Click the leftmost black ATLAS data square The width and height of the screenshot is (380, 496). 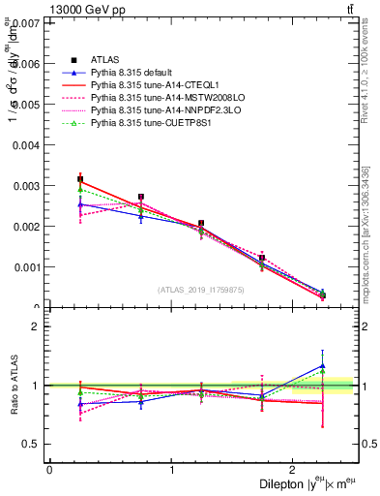tap(80, 180)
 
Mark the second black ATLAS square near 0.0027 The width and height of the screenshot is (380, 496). tap(141, 197)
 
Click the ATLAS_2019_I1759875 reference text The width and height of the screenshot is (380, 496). tap(201, 289)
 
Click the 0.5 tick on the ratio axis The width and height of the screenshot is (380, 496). tap(32, 444)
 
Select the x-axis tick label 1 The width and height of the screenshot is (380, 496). tap(171, 469)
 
